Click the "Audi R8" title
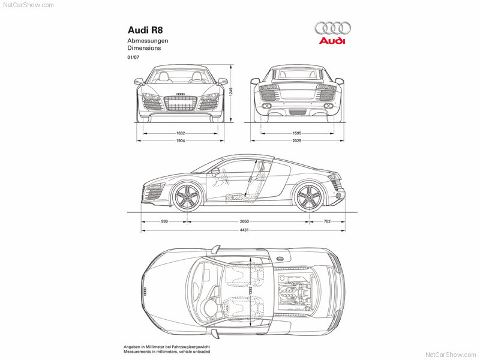145,30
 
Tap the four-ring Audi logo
332,28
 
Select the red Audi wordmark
332,41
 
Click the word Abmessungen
148,41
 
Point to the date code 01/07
133,57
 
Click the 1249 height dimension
231,92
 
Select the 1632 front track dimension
181,133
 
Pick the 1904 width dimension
181,141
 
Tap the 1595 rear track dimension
297,133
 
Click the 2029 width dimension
297,141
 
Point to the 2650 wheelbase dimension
244,221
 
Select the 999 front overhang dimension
164,221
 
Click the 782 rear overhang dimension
327,221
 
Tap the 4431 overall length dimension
244,230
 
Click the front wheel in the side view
187,197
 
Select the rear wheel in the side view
308,197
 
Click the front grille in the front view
181,103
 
